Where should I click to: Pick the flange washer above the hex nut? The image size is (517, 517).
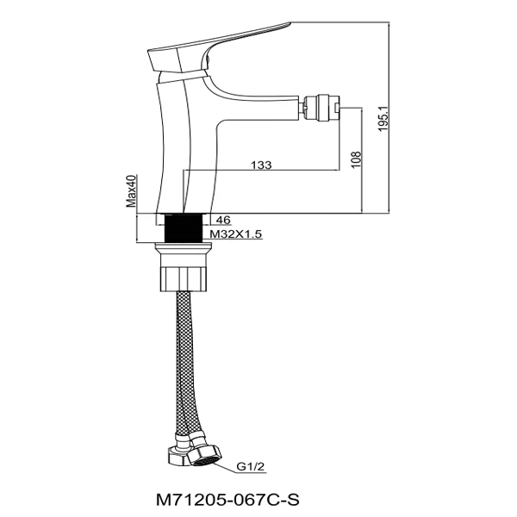coord(183,252)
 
